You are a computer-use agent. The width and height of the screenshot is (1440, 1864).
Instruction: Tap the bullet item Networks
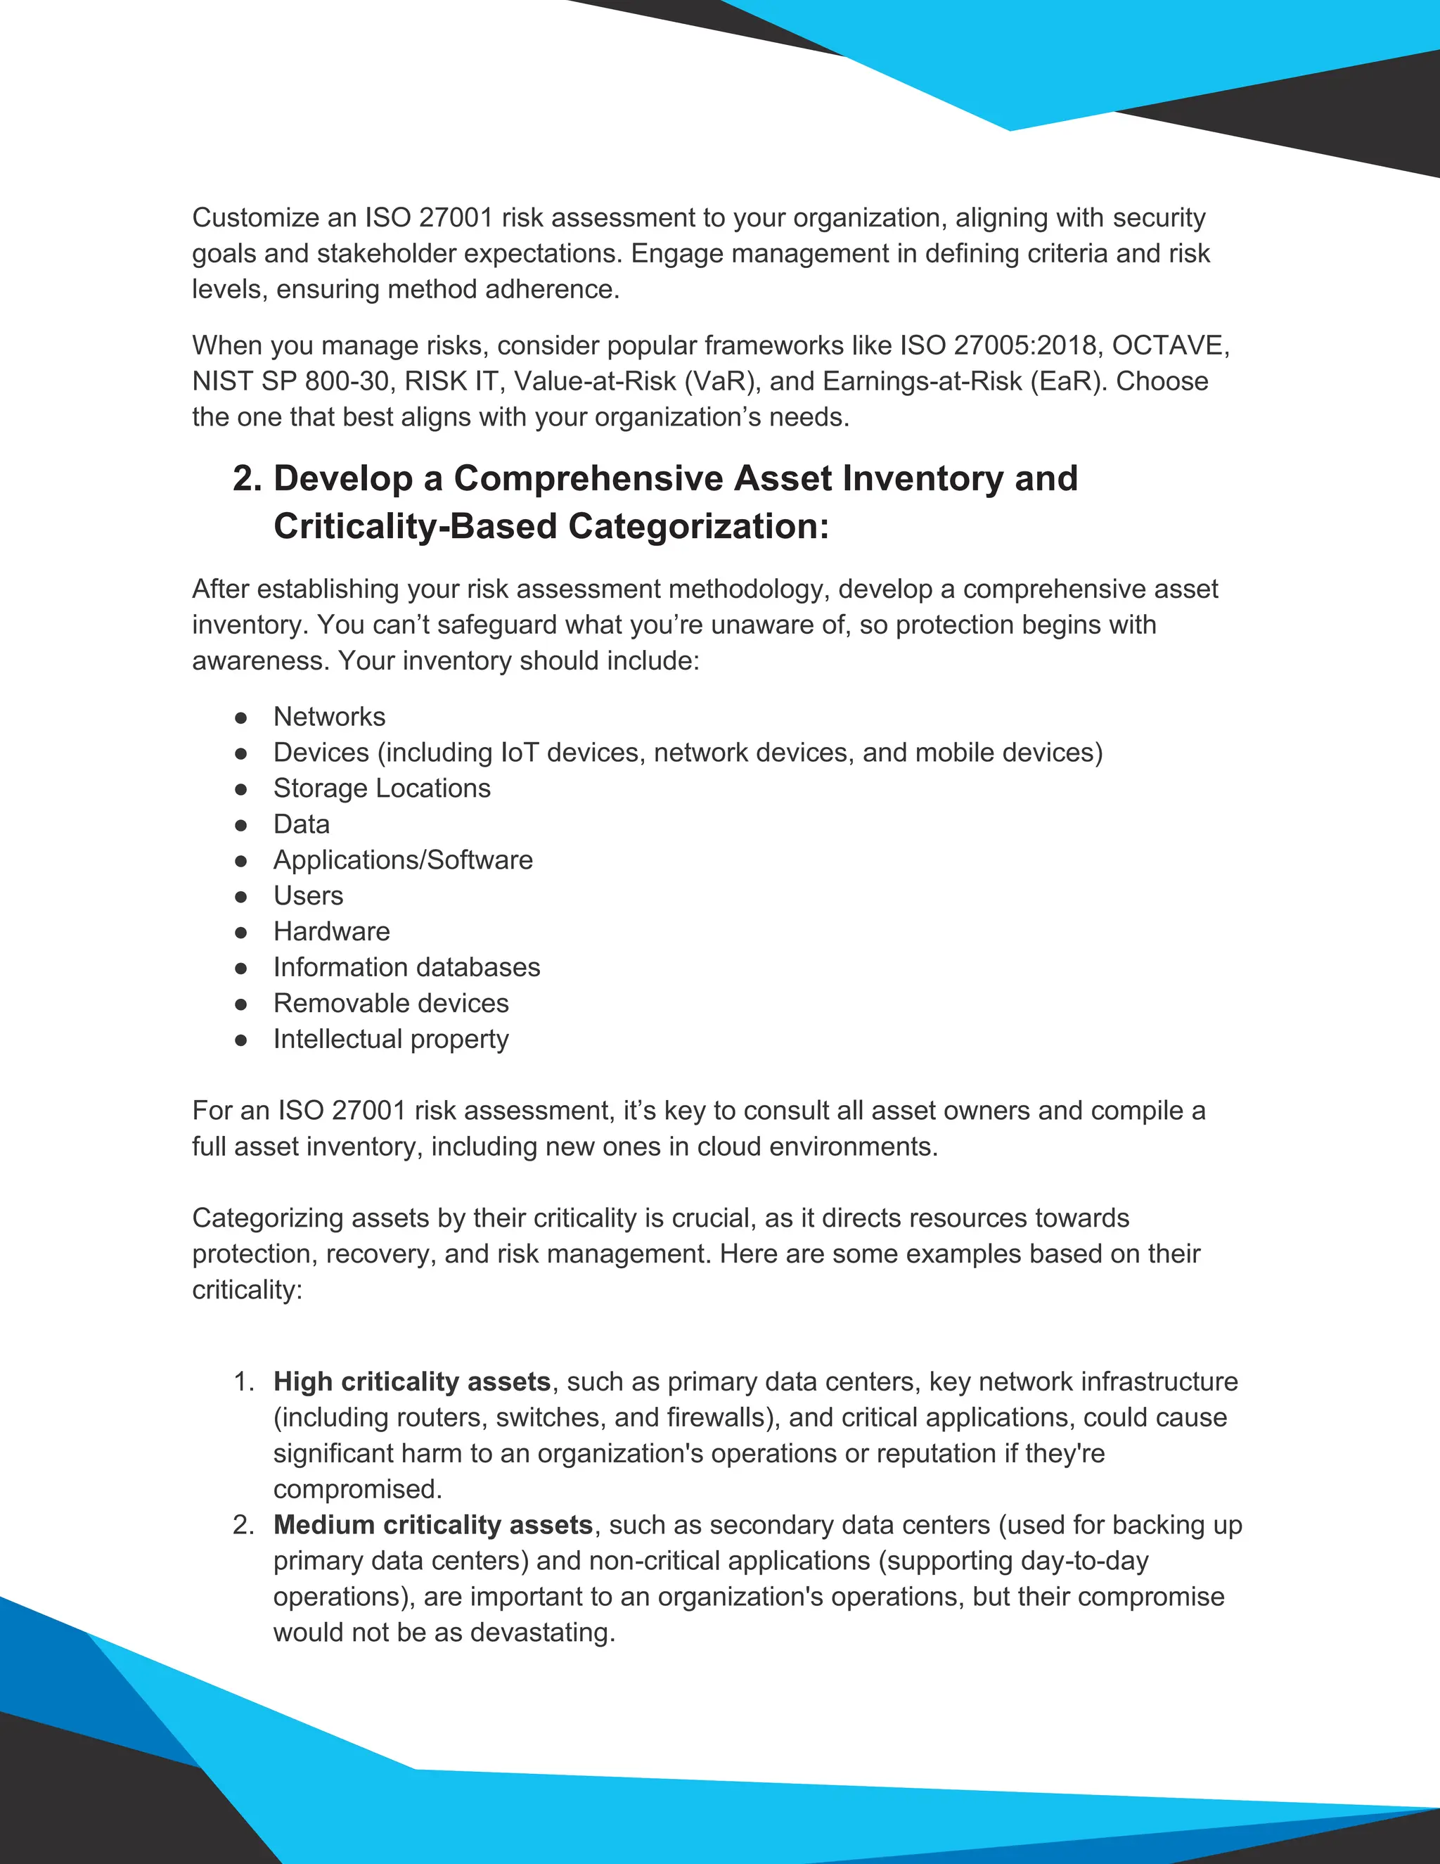329,717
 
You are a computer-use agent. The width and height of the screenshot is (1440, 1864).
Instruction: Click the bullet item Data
301,824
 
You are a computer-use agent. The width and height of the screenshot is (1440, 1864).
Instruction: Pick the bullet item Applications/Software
403,860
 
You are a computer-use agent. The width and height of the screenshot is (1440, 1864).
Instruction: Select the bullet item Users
308,896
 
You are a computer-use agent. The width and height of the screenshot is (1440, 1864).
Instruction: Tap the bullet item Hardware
331,932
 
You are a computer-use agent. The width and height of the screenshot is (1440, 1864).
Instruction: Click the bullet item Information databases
406,968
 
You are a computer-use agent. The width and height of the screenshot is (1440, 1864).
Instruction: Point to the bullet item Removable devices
391,1004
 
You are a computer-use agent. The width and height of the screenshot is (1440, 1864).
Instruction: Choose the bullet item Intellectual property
391,1040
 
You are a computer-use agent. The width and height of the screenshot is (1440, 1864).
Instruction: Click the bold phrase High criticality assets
412,1381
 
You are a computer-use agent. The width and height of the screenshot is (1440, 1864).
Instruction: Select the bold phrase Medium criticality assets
432,1525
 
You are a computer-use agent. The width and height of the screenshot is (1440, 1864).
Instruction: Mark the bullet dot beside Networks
241,717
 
